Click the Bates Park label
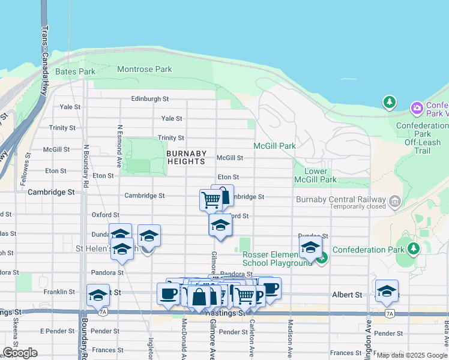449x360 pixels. pos(75,71)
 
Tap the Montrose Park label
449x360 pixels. pos(144,70)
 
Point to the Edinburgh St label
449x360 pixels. pos(150,99)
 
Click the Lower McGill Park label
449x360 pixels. pos(316,175)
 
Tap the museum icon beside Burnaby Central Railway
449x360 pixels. pos(394,200)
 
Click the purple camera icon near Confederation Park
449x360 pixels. pos(416,108)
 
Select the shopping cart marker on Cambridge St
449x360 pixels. pos(211,199)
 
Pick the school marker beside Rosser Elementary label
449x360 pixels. pos(310,247)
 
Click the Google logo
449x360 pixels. pos(20,353)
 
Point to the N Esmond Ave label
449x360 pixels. pos(120,146)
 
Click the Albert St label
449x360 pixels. pos(347,295)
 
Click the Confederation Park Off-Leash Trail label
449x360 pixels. pos(422,138)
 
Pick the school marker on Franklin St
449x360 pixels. pos(98,295)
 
